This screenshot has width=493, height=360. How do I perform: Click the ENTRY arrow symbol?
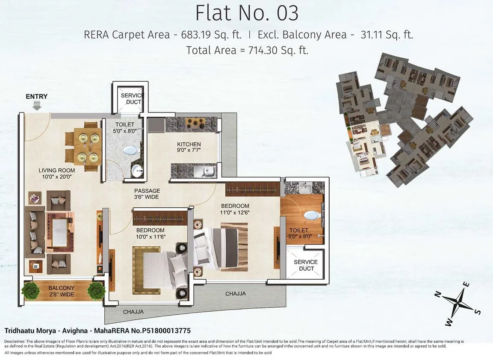click(37, 106)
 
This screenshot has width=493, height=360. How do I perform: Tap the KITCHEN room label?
click(189, 147)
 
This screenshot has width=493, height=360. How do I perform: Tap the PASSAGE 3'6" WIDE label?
click(147, 194)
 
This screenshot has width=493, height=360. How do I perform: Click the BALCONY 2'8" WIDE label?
click(61, 291)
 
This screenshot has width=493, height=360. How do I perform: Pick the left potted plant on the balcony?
click(30, 291)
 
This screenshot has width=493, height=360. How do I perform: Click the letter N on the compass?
click(437, 294)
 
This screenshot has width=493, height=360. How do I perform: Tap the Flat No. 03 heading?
click(247, 13)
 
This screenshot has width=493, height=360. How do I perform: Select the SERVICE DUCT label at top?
click(132, 99)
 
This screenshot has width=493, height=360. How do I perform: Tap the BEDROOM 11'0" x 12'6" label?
click(234, 209)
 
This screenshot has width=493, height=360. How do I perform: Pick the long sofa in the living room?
click(34, 231)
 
